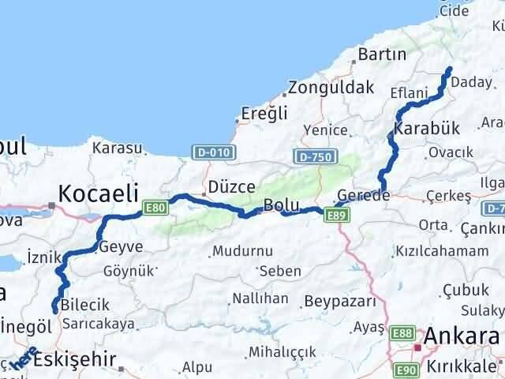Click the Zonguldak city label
[x=331, y=87]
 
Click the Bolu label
[x=281, y=205]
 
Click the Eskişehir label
[x=76, y=360]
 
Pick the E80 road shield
[x=154, y=208]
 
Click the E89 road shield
[x=336, y=216]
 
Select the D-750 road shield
[x=313, y=157]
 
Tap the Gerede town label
[x=363, y=195]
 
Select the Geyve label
[x=122, y=246]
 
